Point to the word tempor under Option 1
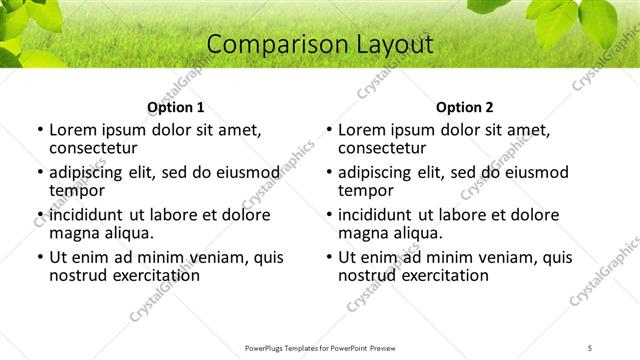[77, 191]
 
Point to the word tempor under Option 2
[366, 191]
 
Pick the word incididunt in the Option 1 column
[86, 215]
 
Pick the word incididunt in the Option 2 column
[375, 215]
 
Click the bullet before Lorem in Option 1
[39, 130]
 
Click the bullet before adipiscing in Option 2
[328, 173]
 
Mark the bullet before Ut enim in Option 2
[328, 258]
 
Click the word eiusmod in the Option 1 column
[246, 172]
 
